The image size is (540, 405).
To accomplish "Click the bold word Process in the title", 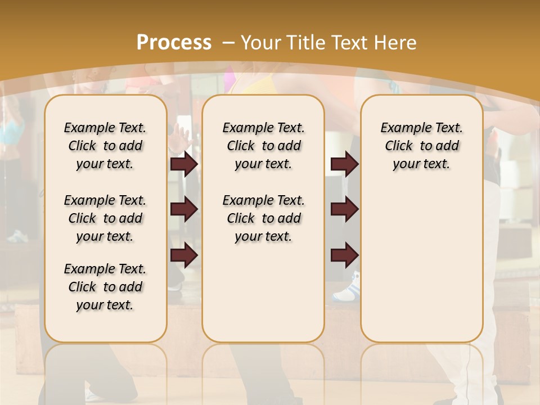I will point(174,42).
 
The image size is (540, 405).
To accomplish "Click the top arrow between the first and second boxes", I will point(184,164).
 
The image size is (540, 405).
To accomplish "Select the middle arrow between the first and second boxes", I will point(184,209).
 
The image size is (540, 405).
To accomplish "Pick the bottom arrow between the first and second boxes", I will point(184,256).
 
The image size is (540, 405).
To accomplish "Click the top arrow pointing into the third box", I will point(344,164).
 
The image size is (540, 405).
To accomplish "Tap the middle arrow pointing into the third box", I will point(344,209).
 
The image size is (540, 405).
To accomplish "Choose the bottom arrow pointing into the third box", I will point(344,256).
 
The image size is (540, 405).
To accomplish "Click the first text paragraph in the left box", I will point(105,146).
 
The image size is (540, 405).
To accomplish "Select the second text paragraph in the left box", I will point(105,218).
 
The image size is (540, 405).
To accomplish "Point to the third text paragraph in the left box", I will point(105,287).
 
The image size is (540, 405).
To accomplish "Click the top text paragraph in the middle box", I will point(263,146).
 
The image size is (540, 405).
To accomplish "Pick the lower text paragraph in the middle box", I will point(263,218).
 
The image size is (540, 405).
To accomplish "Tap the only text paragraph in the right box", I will point(421,146).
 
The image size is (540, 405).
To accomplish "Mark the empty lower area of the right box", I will point(421,264).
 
